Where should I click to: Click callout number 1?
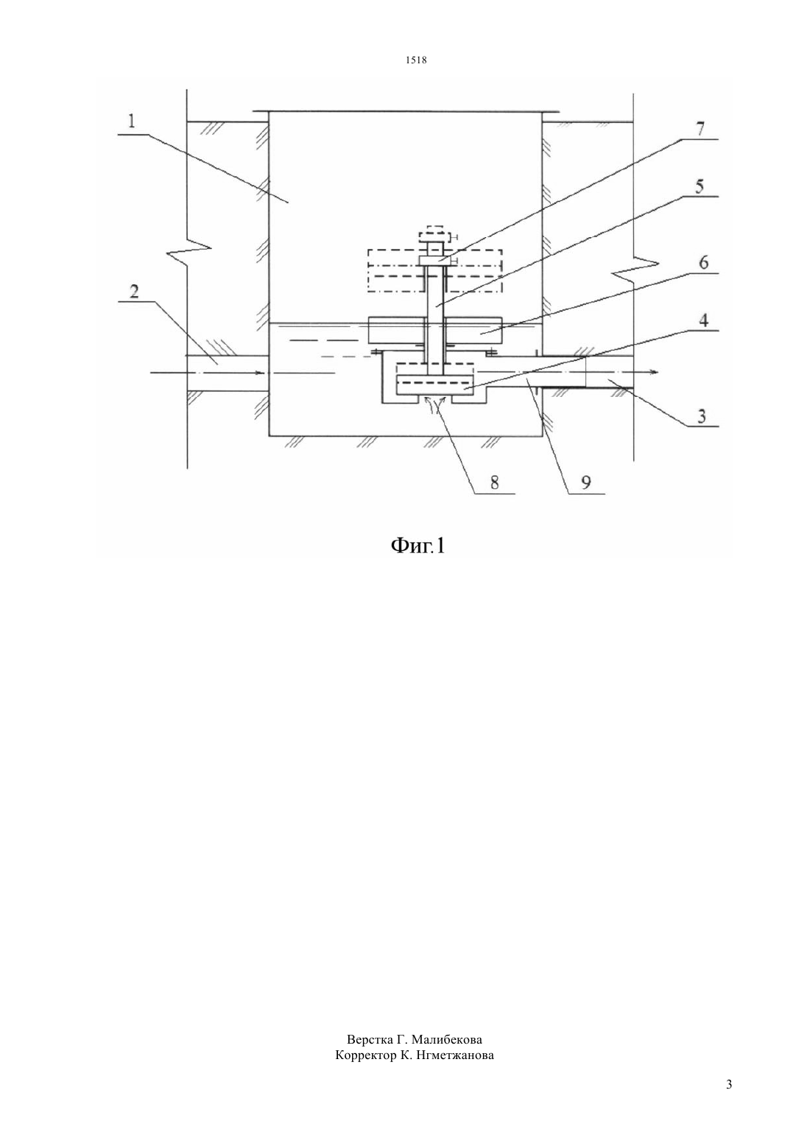tap(132, 122)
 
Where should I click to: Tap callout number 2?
tap(133, 292)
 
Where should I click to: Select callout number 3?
tap(702, 416)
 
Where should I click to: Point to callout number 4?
tap(704, 321)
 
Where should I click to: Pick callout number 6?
tap(703, 263)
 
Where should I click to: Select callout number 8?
tap(495, 482)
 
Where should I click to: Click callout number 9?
tap(586, 482)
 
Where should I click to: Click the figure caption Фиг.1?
tap(418, 546)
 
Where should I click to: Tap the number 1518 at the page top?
tap(416, 60)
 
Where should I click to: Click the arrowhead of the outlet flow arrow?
tap(654, 373)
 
